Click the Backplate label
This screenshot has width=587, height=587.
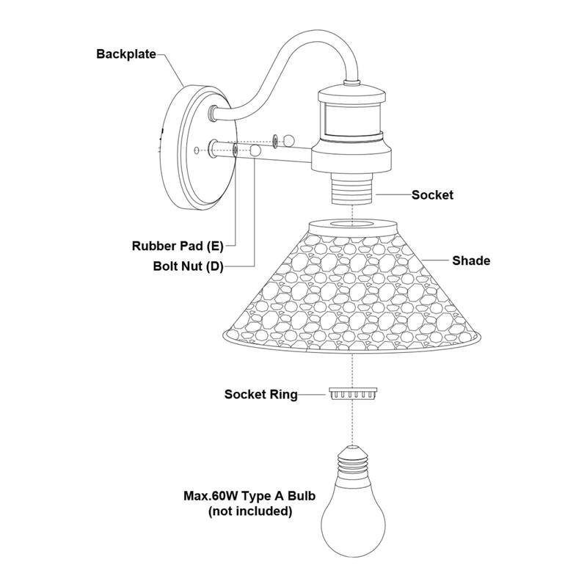(126, 54)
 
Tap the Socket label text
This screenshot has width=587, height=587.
(432, 195)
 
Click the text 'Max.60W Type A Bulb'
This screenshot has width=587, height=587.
(249, 497)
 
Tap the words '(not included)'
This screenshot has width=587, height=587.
(249, 511)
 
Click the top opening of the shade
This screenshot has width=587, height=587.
(353, 224)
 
